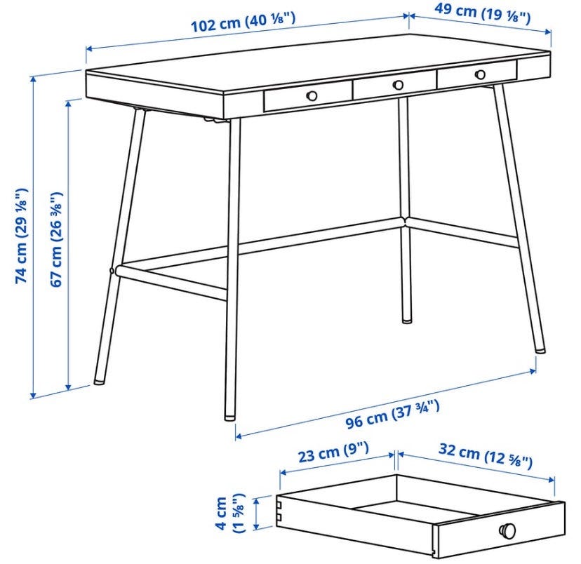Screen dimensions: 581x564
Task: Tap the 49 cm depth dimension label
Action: (483, 13)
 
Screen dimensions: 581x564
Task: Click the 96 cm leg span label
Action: (393, 415)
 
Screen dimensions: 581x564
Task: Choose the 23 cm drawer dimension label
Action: (333, 452)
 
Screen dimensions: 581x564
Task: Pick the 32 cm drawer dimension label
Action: (486, 455)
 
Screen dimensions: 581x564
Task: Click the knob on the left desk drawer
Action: (312, 96)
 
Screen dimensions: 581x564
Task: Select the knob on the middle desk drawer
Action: (398, 85)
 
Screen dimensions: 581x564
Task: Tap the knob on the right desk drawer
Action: (480, 74)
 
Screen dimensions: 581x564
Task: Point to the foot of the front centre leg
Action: (229, 417)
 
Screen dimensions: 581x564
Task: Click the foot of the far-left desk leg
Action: (99, 380)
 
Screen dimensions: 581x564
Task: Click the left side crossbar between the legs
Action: (171, 282)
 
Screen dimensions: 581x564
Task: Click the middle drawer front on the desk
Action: (394, 86)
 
